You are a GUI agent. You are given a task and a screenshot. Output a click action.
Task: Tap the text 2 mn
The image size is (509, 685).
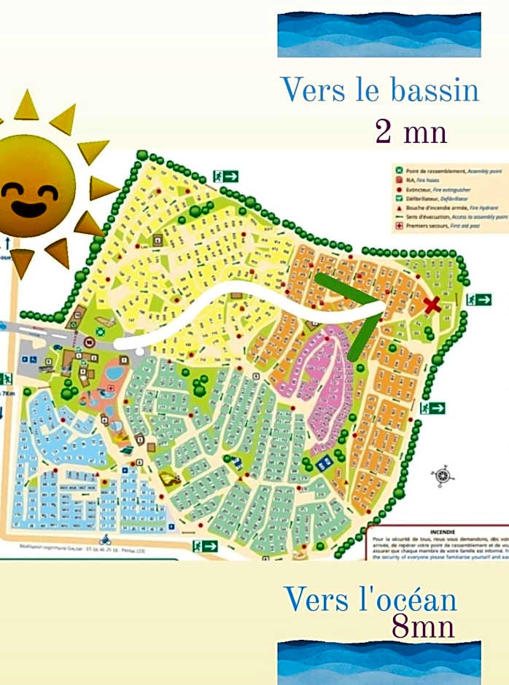coord(411,132)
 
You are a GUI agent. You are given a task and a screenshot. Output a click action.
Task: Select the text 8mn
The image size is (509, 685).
coord(423,626)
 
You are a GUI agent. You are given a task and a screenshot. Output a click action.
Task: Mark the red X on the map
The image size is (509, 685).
coord(432,305)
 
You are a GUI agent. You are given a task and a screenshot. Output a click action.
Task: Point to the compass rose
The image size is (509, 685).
coord(443,476)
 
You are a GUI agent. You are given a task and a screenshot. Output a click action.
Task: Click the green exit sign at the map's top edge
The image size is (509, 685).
coord(226,176)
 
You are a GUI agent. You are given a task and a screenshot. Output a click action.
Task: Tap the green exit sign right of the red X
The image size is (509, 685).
coord(479,300)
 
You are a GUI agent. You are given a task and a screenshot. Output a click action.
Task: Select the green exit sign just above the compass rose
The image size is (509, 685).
coord(432,408)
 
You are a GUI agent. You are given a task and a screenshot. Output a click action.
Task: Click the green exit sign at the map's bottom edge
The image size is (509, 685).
coord(206,546)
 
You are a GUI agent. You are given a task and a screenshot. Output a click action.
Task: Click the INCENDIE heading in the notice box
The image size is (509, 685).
coord(443,532)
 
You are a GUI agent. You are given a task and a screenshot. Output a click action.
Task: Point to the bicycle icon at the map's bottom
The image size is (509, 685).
coord(105,540)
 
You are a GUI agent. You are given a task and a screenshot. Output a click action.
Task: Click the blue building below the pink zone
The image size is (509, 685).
coord(323,462)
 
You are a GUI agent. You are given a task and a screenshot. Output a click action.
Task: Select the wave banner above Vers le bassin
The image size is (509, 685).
coord(378,34)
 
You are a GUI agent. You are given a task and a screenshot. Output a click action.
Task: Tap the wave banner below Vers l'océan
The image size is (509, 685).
coord(378,662)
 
